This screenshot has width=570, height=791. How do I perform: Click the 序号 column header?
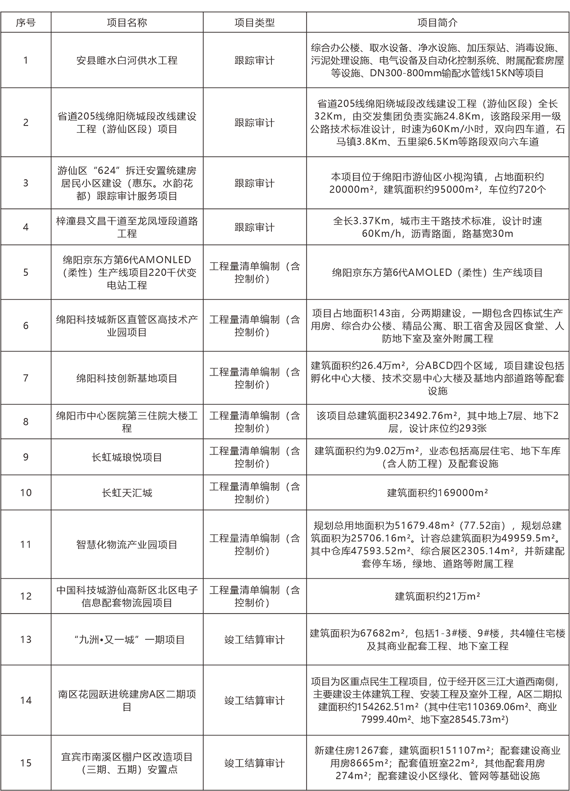(x=26, y=23)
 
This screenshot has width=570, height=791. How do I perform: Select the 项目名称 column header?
(x=127, y=23)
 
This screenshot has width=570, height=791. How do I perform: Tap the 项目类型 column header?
(x=255, y=23)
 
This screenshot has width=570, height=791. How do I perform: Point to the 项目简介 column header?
(x=437, y=23)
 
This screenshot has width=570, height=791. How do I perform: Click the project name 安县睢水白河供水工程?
(x=127, y=60)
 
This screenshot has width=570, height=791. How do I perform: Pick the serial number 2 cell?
(x=26, y=123)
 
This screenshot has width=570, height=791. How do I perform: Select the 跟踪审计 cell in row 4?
(x=255, y=227)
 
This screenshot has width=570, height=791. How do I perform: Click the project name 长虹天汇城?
(x=127, y=492)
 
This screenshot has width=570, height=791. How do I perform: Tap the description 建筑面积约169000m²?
(x=437, y=492)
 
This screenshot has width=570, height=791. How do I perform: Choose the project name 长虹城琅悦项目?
(x=127, y=457)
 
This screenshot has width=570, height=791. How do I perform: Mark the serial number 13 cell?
(x=26, y=639)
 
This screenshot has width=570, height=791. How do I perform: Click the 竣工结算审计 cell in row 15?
(x=255, y=763)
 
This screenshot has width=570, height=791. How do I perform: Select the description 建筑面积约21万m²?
(x=437, y=597)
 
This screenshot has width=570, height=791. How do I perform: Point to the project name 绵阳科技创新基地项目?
(x=127, y=378)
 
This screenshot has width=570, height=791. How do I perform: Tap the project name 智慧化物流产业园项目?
(x=127, y=544)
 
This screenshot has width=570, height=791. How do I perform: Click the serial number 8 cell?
(x=26, y=422)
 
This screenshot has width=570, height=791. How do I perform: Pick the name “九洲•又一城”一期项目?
(x=129, y=639)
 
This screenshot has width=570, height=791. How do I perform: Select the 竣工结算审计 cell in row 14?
(x=255, y=700)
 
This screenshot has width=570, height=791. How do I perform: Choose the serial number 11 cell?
(x=26, y=544)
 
